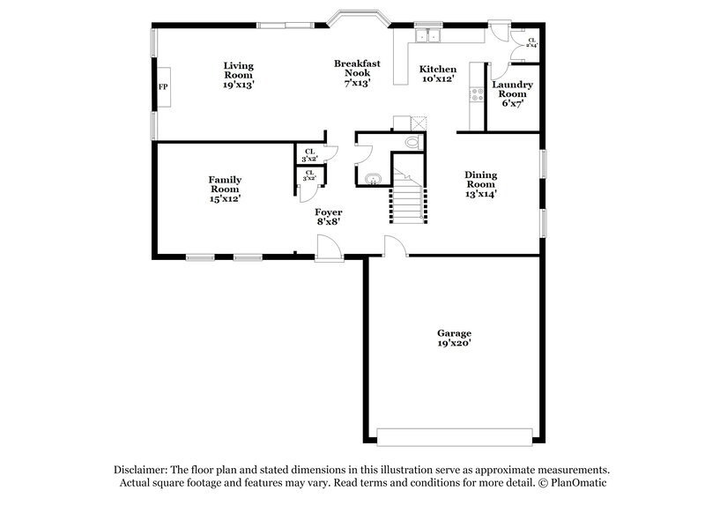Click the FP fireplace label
coord(162,87)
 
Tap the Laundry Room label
coord(512,93)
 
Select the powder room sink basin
coord(372,179)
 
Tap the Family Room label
coord(225,190)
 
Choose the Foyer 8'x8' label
coord(329,217)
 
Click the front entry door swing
coord(330,249)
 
